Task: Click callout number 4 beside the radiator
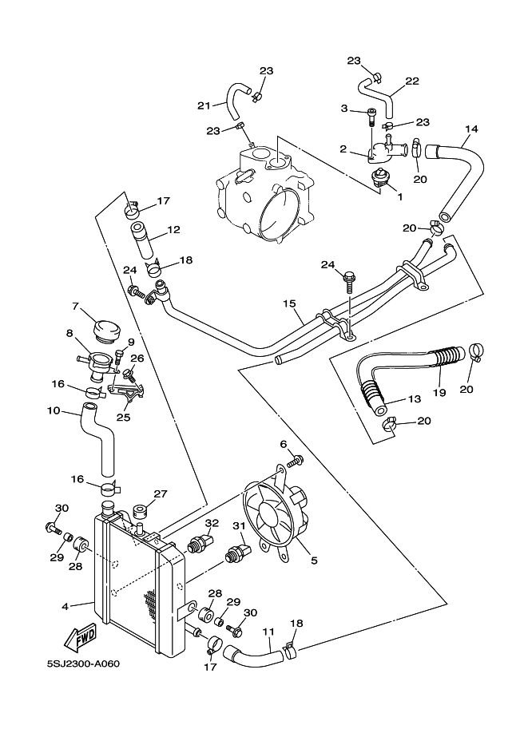click(x=66, y=606)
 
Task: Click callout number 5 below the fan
click(x=314, y=561)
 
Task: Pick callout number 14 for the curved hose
click(x=471, y=129)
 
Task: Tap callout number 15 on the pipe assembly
click(x=289, y=303)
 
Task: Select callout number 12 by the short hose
click(x=173, y=231)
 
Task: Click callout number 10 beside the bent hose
click(x=54, y=410)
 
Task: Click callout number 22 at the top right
click(x=412, y=81)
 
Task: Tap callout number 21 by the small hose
click(x=204, y=105)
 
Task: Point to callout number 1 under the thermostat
click(x=399, y=196)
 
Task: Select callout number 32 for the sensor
click(x=212, y=523)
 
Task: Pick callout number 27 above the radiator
click(x=160, y=493)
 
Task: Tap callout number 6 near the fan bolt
click(x=283, y=444)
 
